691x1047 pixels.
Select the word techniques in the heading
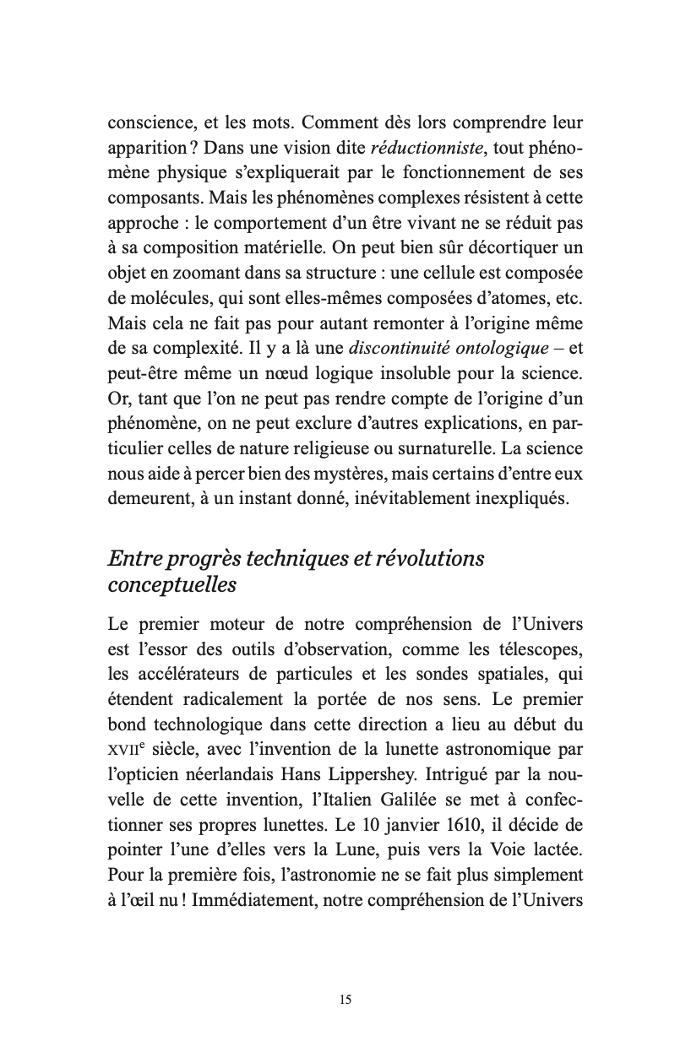point(277,559)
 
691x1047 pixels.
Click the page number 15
point(345,1000)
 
